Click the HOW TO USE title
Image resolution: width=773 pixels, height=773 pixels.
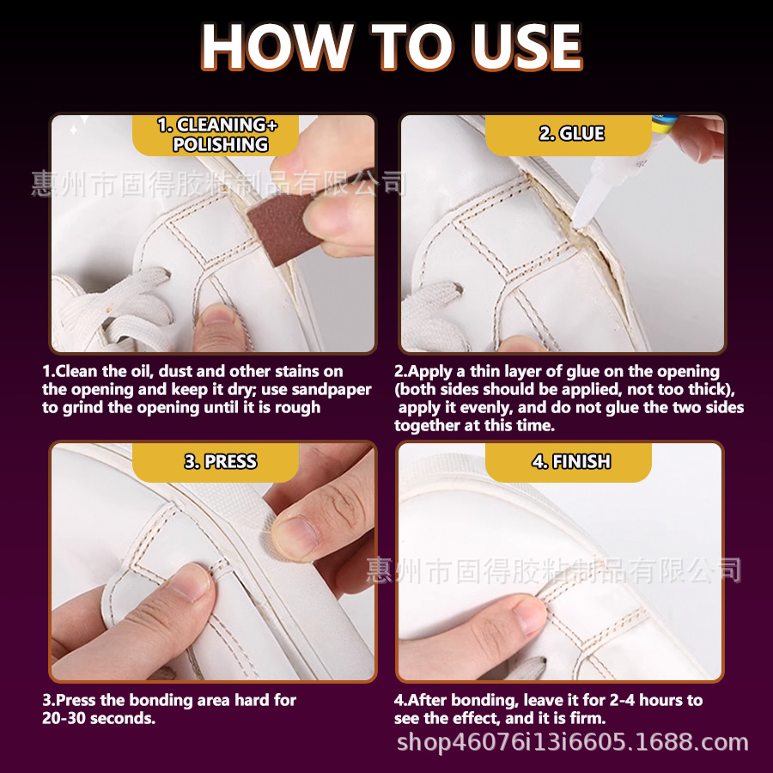(x=392, y=47)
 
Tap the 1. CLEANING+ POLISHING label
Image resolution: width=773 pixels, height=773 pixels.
(x=218, y=135)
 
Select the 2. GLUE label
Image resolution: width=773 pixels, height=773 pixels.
(x=571, y=134)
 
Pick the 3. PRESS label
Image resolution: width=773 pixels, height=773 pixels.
(x=221, y=461)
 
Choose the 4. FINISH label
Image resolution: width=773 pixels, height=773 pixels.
(x=571, y=461)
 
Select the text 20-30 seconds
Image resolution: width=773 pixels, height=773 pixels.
(x=99, y=718)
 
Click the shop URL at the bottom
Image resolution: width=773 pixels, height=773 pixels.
(x=572, y=742)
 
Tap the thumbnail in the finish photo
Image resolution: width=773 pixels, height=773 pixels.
(x=528, y=614)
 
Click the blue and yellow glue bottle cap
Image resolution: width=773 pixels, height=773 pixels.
(x=664, y=125)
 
